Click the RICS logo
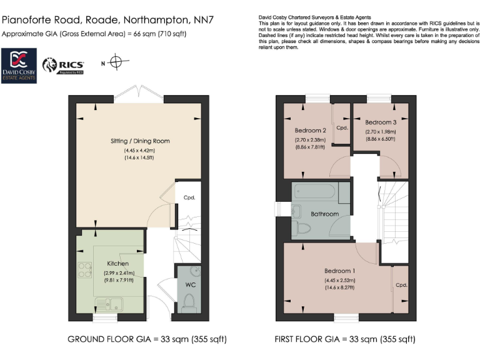click(62, 65)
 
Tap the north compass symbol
click(115, 62)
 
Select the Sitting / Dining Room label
click(136, 141)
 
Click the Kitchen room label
click(117, 264)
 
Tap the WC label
click(190, 286)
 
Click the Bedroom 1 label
click(339, 271)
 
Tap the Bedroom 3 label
click(381, 122)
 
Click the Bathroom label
click(325, 214)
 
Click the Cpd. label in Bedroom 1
click(401, 285)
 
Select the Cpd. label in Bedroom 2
click(341, 127)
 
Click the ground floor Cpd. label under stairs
click(189, 197)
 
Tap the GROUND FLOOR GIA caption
click(147, 340)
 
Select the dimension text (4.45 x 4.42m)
click(138, 151)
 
